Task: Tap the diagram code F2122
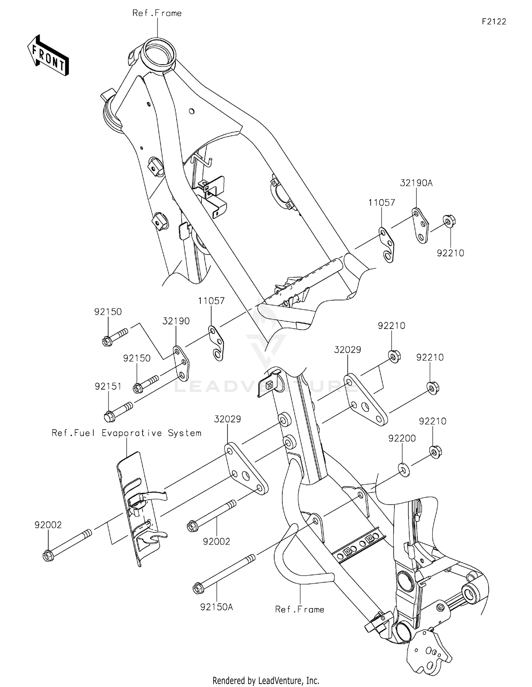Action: point(494,22)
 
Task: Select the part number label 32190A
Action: point(416,183)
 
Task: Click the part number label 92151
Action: point(108,386)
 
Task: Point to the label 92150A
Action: point(216,607)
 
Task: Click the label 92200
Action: point(402,439)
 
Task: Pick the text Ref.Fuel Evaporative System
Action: point(127,433)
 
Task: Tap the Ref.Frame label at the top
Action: point(157,13)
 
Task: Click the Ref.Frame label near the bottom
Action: point(300,609)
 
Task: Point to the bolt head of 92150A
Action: point(197,589)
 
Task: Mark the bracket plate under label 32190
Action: point(181,364)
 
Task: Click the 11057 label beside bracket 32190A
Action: point(381,203)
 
